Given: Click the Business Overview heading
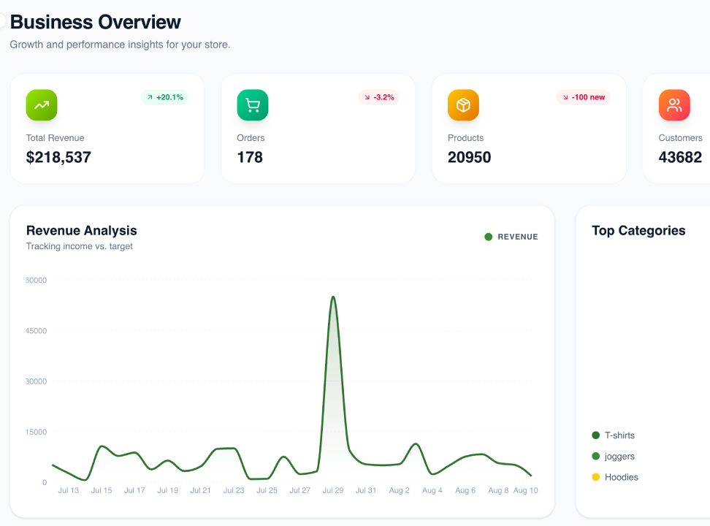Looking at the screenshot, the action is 95,22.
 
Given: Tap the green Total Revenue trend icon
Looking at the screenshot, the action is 42,105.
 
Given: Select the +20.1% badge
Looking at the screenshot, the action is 165,97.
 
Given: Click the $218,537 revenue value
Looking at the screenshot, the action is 58,157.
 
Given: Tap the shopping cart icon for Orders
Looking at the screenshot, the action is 253,105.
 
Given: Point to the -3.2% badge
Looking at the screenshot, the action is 378,97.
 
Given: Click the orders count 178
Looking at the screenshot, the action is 250,157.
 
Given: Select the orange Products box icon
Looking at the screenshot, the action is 463,105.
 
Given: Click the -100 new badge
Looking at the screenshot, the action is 583,97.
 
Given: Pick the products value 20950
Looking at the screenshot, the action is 469,157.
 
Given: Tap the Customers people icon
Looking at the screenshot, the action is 674,105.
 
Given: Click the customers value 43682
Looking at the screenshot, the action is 680,157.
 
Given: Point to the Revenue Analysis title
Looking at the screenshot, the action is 82,231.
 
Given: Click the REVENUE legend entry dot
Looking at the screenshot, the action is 488,237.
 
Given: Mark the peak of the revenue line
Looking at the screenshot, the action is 333,297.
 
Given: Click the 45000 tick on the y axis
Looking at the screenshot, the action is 37,331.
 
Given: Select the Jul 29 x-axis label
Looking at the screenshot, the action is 333,490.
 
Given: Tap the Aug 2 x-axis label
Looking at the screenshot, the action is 399,490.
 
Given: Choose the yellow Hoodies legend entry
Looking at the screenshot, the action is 615,477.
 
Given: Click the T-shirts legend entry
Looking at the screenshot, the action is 613,435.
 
